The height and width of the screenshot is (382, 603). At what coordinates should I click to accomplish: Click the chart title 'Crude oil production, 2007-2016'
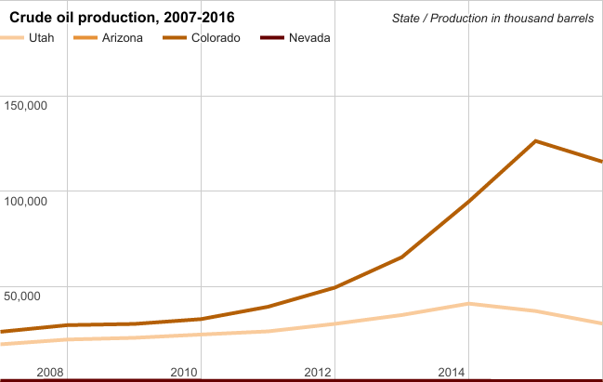click(x=122, y=18)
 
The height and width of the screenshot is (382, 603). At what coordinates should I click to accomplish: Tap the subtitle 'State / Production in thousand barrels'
click(x=492, y=19)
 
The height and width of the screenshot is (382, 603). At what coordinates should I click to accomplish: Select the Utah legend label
click(x=42, y=38)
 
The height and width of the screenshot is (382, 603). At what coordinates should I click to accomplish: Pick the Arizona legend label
click(x=121, y=38)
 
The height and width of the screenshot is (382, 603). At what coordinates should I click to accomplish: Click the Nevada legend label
click(x=309, y=38)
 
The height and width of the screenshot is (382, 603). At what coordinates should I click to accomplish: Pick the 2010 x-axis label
click(x=183, y=373)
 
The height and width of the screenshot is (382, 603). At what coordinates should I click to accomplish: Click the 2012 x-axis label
click(x=318, y=373)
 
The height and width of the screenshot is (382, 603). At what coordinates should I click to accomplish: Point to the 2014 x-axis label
click(x=452, y=373)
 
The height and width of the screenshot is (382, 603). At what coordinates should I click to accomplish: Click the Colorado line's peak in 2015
click(x=535, y=141)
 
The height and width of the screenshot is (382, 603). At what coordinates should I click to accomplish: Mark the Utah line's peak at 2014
click(x=468, y=304)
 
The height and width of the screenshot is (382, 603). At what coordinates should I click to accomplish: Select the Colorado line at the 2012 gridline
click(x=334, y=288)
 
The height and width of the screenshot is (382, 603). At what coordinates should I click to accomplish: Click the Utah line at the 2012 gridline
click(x=334, y=323)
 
